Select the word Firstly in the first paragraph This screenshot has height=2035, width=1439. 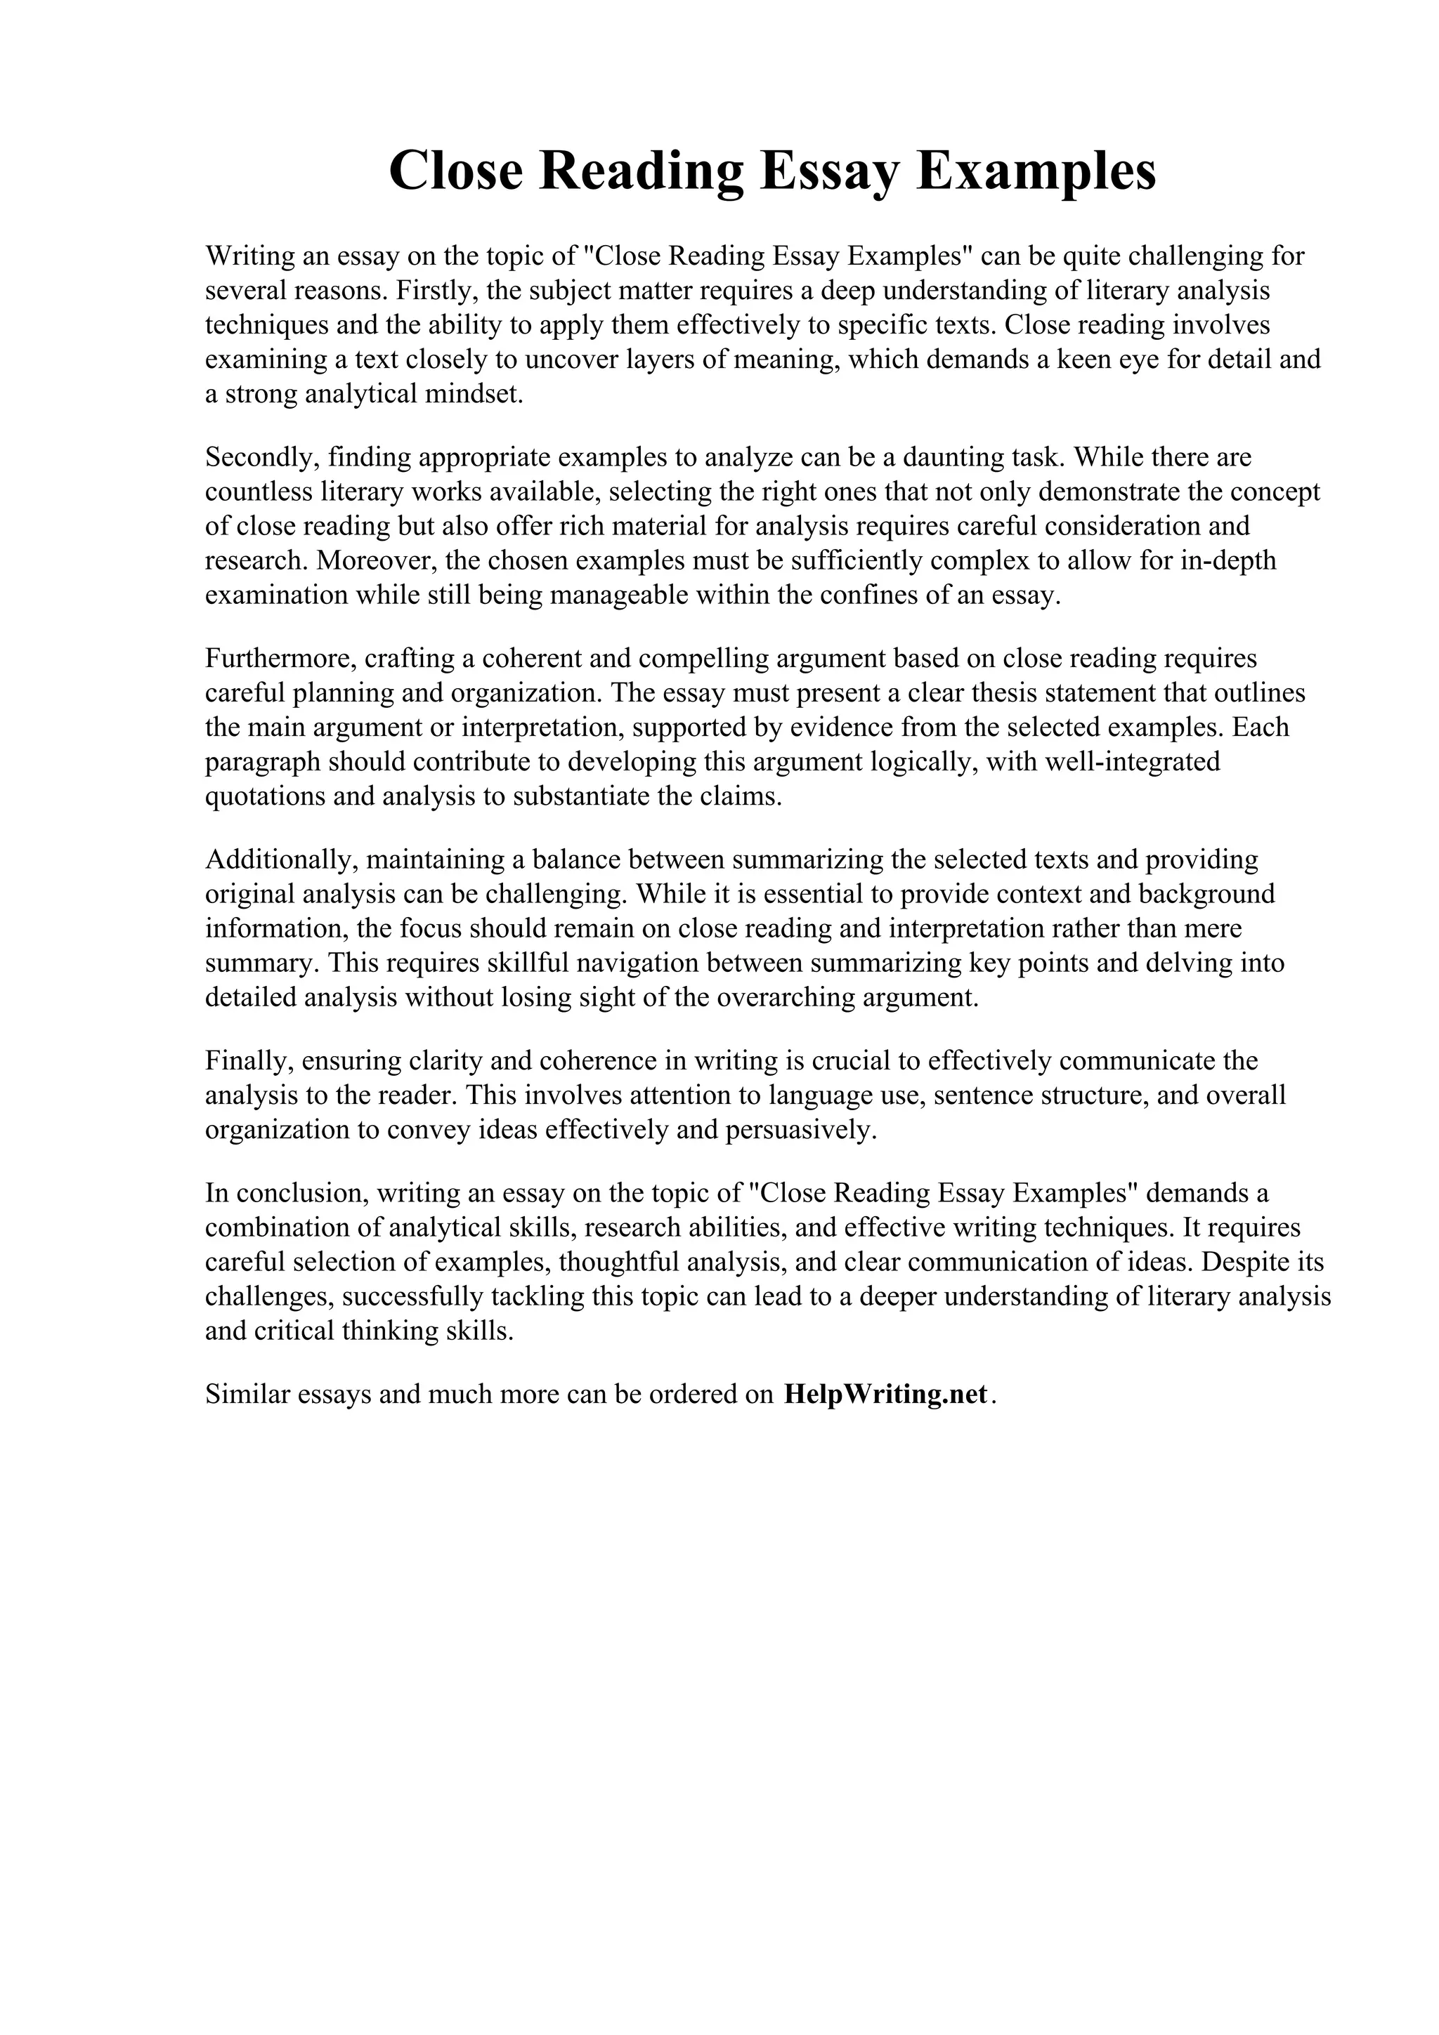point(427,291)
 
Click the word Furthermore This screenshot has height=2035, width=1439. point(280,659)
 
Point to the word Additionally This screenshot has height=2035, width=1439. point(281,860)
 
